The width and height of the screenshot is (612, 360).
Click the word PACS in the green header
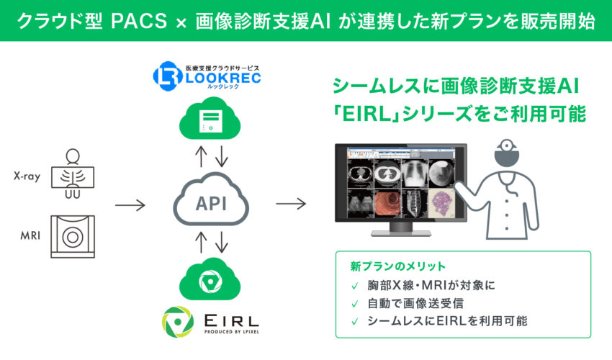tap(138, 21)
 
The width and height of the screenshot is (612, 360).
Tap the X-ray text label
tap(27, 176)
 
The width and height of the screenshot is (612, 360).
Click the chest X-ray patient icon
tap(73, 174)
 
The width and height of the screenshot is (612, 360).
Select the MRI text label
tap(30, 235)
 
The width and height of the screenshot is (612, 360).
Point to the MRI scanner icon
tap(73, 237)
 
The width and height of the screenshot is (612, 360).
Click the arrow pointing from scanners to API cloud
tap(130, 204)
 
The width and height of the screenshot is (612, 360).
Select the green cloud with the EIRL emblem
tap(210, 279)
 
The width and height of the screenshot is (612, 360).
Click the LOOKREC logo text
tap(223, 78)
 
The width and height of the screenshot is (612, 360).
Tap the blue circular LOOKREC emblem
tap(168, 76)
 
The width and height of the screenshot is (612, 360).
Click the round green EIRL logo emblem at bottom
tap(178, 322)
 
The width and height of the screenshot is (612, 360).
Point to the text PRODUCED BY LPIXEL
tap(231, 332)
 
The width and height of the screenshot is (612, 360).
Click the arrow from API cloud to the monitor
tap(291, 204)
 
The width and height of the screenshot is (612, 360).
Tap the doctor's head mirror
tap(507, 145)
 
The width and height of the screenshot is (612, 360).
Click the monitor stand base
tap(401, 233)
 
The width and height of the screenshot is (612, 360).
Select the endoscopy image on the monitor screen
tap(387, 204)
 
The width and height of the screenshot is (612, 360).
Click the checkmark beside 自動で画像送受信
tap(355, 304)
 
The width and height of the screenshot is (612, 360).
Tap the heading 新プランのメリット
tap(397, 266)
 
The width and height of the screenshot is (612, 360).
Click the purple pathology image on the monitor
tap(442, 204)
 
